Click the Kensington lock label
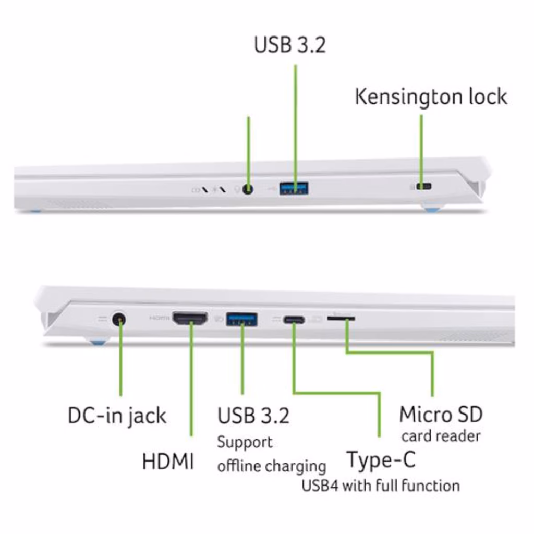[431, 96]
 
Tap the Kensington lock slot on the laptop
[423, 186]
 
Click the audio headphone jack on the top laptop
[248, 189]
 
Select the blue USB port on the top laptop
[294, 188]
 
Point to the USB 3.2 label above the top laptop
[290, 45]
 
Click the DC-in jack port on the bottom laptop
[119, 320]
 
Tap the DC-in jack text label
[117, 416]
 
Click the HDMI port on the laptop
[190, 319]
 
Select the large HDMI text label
[168, 461]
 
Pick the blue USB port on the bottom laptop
[241, 319]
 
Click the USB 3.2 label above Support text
[253, 415]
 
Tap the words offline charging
[271, 466]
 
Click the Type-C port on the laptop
[294, 320]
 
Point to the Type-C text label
[381, 460]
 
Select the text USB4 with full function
[381, 485]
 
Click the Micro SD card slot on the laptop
[341, 319]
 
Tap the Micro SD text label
[441, 414]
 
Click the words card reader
[441, 436]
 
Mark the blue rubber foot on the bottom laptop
[99, 341]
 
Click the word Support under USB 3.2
[245, 443]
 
